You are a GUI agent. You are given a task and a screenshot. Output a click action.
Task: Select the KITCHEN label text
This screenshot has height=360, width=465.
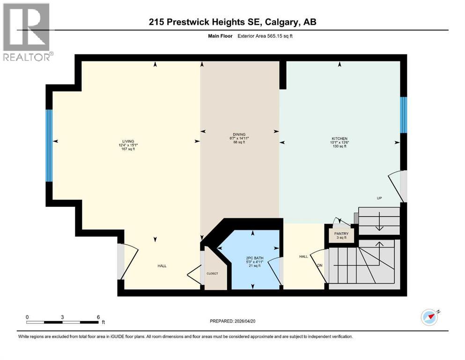(339, 139)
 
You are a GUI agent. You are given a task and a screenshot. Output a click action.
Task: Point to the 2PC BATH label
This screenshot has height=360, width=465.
(252, 258)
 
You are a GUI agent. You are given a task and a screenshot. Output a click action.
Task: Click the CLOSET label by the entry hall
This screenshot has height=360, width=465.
(212, 273)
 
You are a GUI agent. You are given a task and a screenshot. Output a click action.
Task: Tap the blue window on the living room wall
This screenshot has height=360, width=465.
(49, 145)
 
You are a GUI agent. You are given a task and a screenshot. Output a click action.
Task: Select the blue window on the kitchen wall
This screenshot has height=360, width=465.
(403, 115)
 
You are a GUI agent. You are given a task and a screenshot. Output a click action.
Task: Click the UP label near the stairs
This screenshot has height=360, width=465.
(379, 198)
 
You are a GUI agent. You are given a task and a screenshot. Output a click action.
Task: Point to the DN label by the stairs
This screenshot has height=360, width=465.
(320, 265)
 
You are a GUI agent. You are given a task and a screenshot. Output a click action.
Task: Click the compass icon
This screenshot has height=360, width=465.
(429, 318)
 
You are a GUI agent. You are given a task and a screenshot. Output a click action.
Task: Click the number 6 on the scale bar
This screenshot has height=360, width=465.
(98, 317)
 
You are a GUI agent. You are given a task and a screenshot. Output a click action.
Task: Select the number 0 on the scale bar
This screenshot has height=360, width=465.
(27, 317)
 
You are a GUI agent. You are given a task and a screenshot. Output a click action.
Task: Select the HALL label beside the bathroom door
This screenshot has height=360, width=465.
(303, 256)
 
